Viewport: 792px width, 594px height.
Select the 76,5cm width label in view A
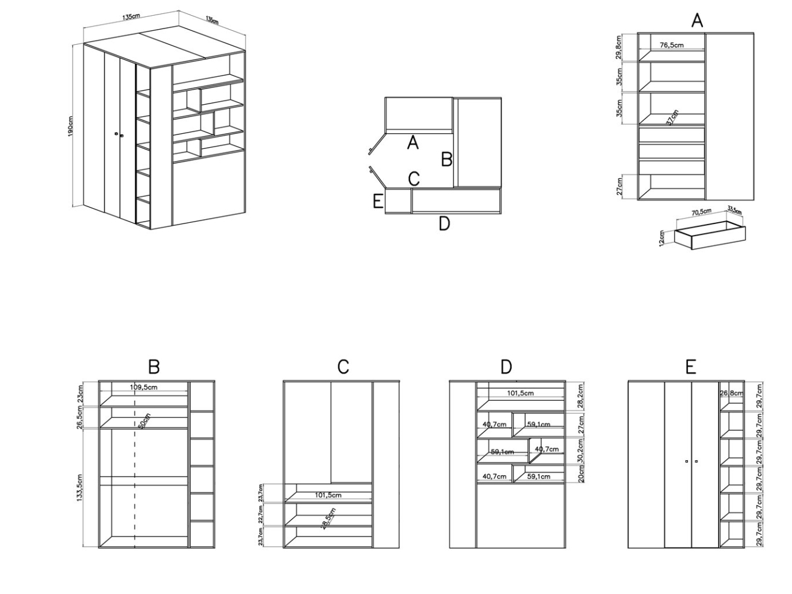672,45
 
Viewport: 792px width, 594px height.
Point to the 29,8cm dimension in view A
619,47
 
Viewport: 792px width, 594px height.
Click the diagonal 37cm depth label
672,117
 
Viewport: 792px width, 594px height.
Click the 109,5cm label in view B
144,387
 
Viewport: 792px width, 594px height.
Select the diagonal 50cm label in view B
145,420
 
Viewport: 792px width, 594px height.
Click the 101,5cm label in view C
328,495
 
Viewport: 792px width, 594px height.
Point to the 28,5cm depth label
328,519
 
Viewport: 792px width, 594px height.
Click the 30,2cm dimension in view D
581,451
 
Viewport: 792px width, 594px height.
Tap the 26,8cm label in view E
731,394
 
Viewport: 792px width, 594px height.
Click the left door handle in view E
686,461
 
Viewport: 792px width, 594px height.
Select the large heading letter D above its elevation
506,367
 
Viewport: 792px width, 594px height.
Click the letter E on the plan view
377,201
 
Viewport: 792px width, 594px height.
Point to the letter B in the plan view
447,160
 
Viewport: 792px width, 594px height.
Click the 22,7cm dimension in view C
262,514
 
